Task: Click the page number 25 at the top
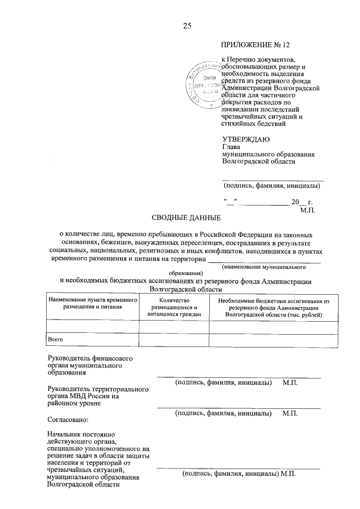coord(187,26)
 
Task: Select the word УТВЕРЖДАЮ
coord(246,138)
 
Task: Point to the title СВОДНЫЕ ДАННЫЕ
coord(187,218)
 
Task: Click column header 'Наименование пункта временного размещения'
coord(93,305)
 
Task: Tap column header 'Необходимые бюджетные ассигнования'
coord(274,308)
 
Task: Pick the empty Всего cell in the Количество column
coord(174,340)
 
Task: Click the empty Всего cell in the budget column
coord(274,340)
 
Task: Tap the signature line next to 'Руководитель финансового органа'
coord(238,377)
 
